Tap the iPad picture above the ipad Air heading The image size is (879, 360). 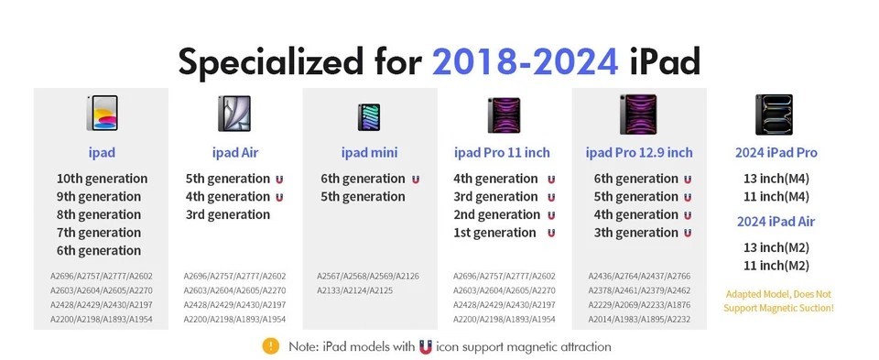234,114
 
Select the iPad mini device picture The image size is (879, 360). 369,116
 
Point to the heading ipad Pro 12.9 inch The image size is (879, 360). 639,152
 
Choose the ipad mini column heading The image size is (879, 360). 369,152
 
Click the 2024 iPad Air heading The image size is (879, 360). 776,221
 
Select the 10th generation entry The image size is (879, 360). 102,179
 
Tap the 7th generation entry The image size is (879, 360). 102,233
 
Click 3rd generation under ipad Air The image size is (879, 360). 227,214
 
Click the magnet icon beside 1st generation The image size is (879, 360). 551,233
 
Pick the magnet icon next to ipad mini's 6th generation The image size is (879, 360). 416,179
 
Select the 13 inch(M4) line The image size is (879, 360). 776,179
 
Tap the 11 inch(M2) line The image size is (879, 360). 776,266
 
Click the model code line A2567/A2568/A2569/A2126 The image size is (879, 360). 368,276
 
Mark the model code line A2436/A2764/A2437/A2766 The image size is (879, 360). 639,276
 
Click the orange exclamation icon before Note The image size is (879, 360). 270,346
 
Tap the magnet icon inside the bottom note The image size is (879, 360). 425,346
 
